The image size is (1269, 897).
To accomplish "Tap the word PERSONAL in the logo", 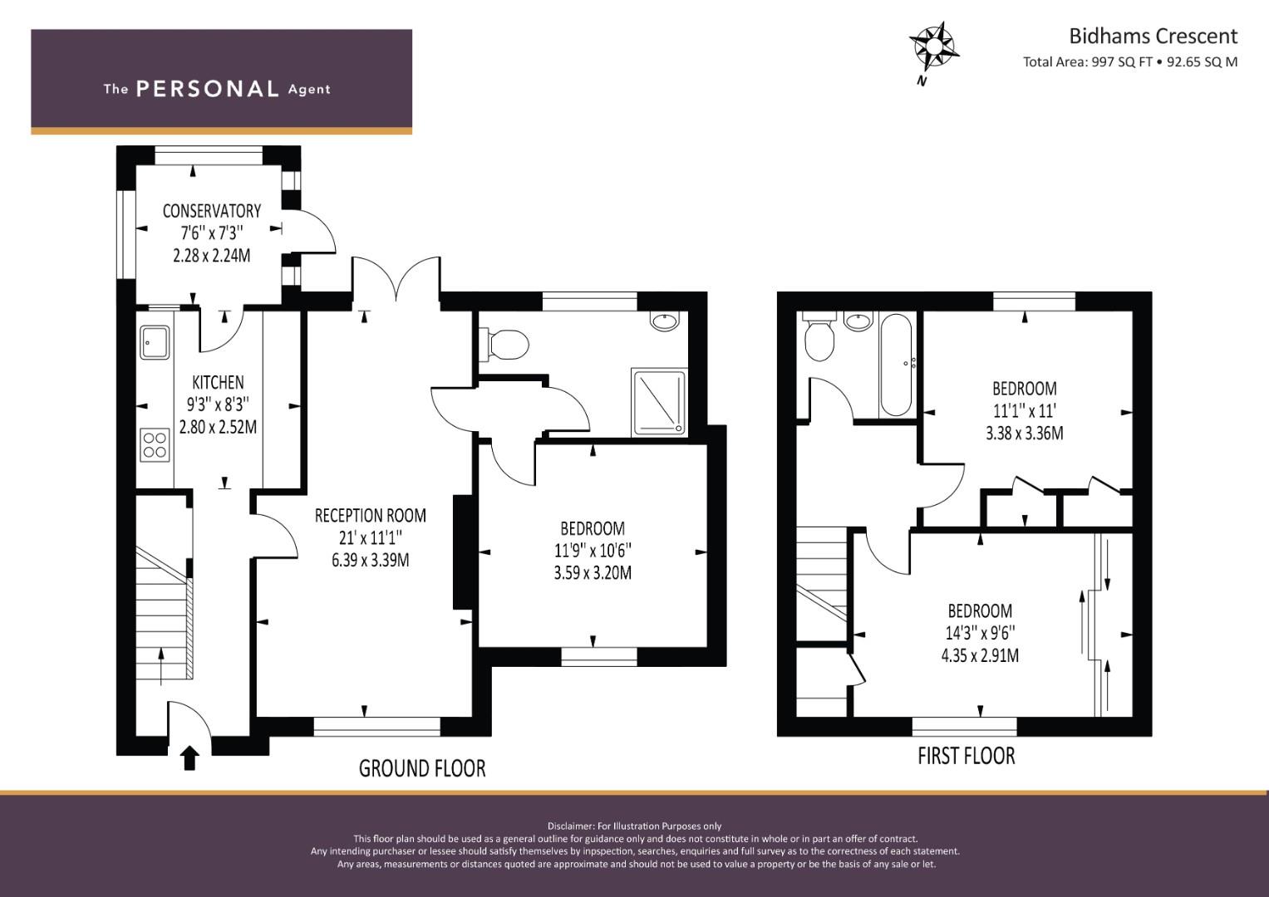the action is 208,89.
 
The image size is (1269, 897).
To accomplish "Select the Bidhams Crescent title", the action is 1153,37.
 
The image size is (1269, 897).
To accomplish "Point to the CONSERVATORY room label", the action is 212,211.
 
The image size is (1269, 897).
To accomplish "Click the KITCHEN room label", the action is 218,382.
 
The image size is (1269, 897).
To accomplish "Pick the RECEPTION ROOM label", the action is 371,515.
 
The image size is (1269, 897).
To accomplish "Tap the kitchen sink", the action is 155,341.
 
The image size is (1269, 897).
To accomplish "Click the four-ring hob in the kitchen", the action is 155,444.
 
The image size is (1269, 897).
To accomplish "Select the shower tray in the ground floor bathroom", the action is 659,402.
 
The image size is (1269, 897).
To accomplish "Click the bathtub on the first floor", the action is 896,365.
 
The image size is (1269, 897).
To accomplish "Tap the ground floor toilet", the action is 504,345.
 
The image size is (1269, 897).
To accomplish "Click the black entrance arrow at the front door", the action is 189,757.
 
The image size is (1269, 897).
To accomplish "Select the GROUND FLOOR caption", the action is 422,768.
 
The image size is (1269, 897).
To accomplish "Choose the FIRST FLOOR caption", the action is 967,756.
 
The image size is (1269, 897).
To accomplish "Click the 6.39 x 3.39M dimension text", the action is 371,560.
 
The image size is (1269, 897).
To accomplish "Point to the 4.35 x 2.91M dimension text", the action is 980,655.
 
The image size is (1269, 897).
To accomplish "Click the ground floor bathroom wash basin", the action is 664,321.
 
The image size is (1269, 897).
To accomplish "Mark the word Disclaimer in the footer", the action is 570,826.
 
